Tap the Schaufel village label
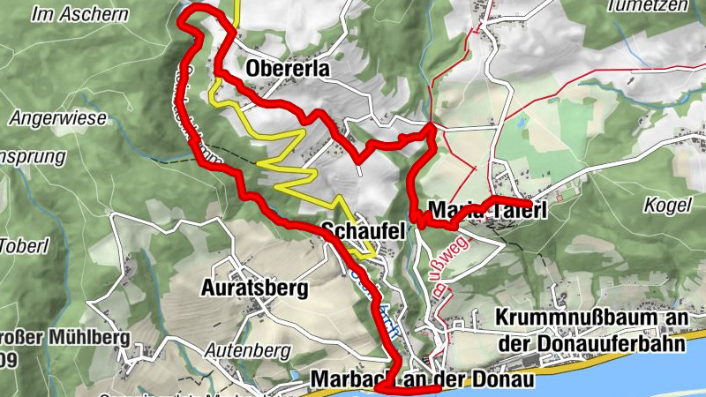(x=363, y=231)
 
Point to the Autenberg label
(x=248, y=350)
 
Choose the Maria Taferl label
(x=487, y=211)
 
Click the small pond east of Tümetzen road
(x=521, y=124)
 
